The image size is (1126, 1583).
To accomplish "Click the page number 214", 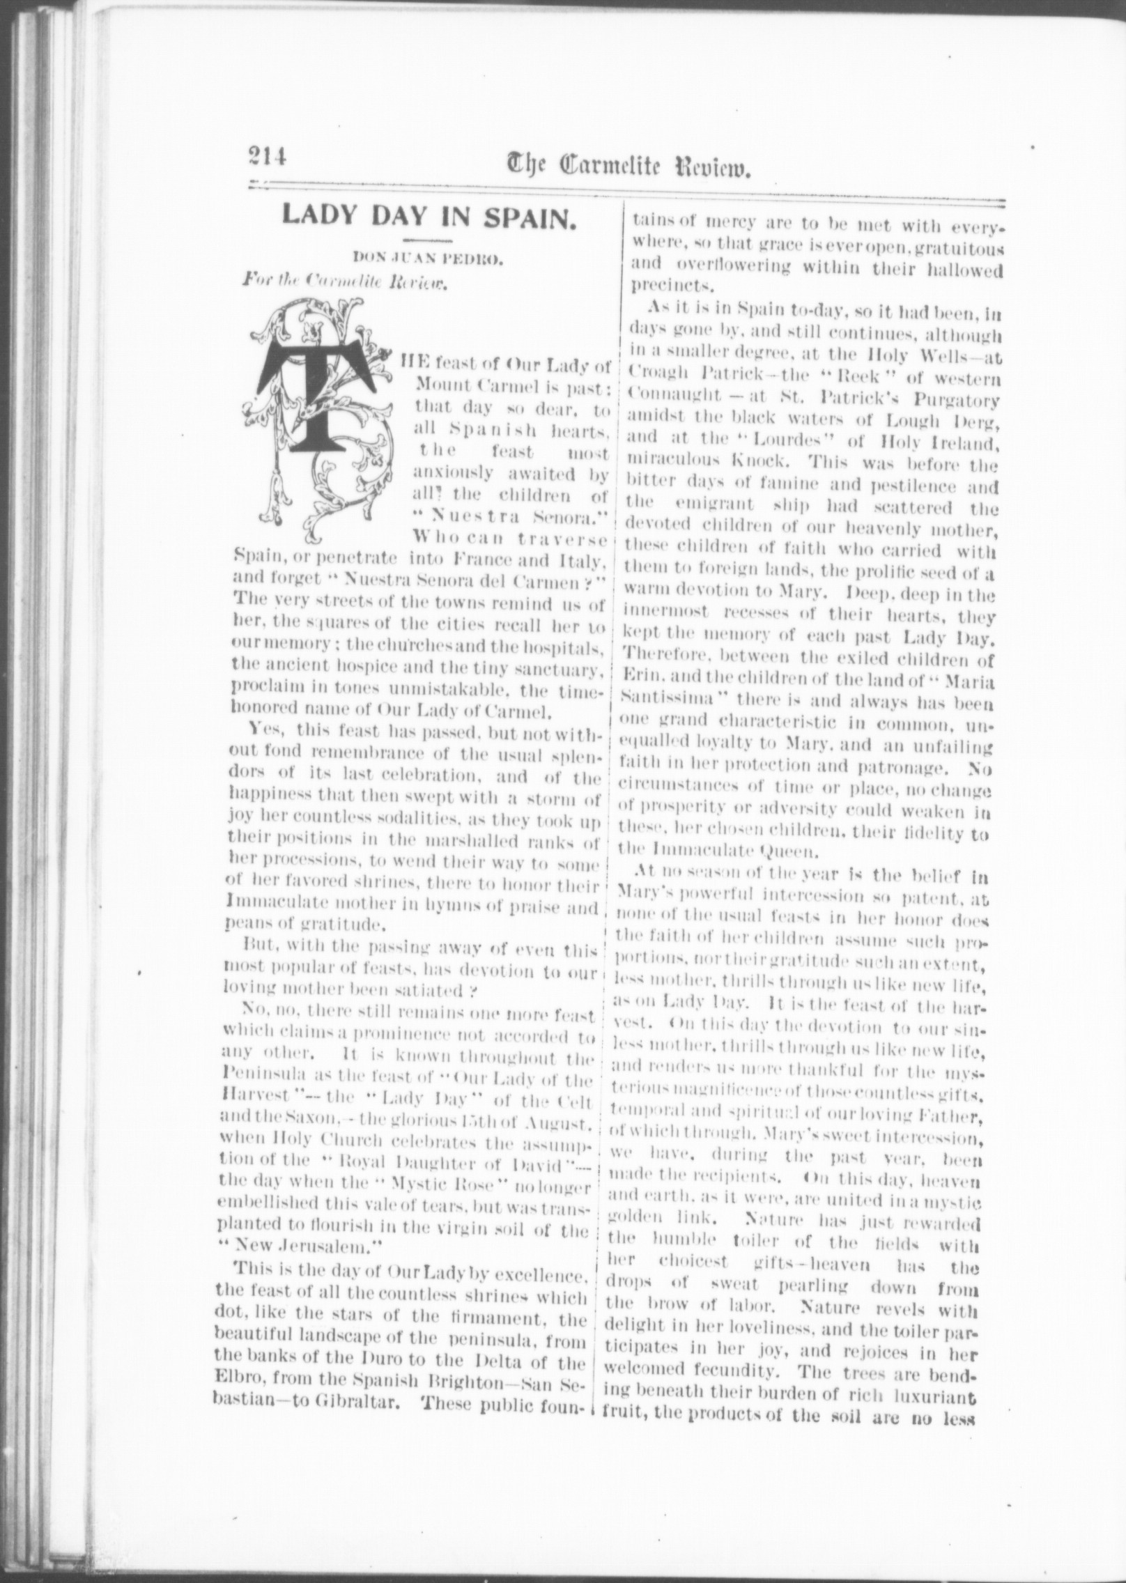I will pos(267,169).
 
